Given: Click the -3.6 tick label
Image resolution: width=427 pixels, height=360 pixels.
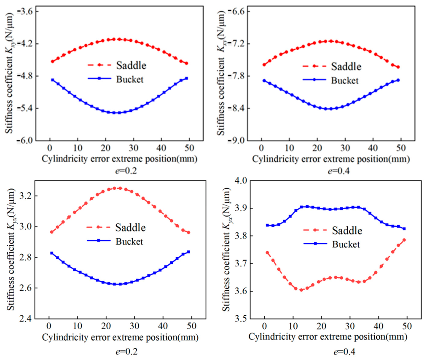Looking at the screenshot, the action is [x=25, y=11].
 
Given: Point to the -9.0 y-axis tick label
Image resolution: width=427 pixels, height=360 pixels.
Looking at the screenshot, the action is [x=236, y=140].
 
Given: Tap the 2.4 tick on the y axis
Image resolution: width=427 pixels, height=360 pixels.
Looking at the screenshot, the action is [x=26, y=318].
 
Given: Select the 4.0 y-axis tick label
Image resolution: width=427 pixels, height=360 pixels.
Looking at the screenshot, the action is [x=240, y=180].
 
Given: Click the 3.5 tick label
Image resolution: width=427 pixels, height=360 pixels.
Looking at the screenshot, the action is [x=240, y=318].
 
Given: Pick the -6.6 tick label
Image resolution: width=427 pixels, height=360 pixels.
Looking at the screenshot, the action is [x=236, y=11].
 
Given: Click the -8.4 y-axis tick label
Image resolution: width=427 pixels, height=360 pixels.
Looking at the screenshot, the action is [x=236, y=108].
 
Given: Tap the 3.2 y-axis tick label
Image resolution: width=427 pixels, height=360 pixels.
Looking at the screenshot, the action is [x=26, y=196].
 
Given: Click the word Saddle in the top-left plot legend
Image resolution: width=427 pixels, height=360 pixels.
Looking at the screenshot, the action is [x=131, y=65].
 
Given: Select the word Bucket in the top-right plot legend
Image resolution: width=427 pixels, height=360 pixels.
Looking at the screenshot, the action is [x=345, y=81].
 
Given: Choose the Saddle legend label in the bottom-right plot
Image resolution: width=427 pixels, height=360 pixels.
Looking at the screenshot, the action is [x=347, y=231].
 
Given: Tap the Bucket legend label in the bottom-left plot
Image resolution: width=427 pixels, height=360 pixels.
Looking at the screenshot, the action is [x=129, y=242].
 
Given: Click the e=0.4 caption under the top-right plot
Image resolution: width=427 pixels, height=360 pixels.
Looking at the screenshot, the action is [x=339, y=171].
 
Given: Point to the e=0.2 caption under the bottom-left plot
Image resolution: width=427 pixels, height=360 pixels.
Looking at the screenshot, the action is [x=126, y=352].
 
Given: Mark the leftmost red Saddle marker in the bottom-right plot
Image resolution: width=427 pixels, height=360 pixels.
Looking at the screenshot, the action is [x=267, y=253].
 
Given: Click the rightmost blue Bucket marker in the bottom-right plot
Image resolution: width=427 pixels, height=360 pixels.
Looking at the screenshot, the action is [x=404, y=229].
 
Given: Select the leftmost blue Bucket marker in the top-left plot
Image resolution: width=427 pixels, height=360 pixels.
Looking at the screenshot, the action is [x=53, y=80].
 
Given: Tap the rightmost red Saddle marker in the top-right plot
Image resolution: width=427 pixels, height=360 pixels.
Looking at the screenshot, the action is [x=398, y=67].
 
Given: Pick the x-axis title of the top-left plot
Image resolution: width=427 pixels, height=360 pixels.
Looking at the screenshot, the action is [x=120, y=159].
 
